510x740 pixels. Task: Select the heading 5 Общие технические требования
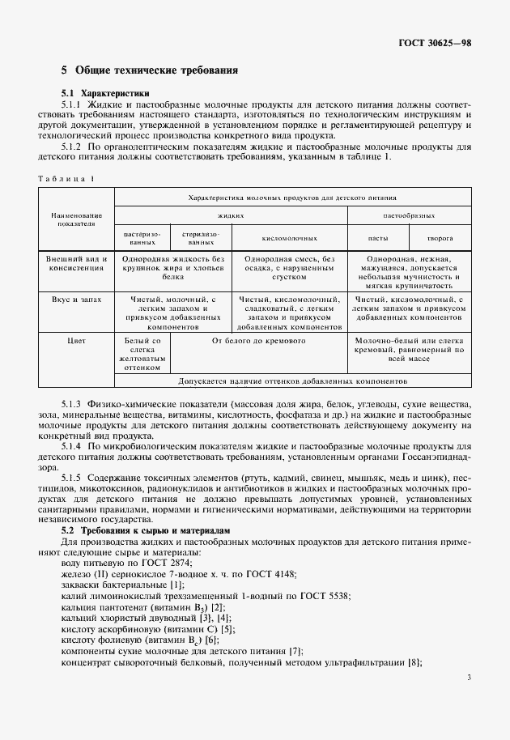point(150,70)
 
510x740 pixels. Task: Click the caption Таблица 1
point(66,178)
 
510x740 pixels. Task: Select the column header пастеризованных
point(142,238)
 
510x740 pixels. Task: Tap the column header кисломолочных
point(288,239)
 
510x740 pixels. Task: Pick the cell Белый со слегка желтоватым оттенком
point(142,354)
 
